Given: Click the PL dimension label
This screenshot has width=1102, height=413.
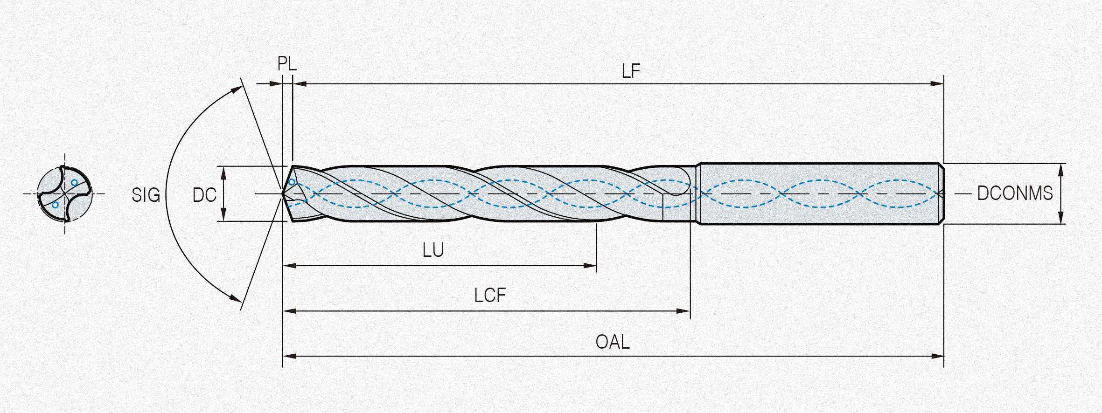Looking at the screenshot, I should coord(287,64).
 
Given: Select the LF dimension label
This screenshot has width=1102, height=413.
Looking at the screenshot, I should coord(631,71).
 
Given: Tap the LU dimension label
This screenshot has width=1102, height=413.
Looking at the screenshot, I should coord(433,251).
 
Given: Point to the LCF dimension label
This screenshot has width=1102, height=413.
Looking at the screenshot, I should coord(490,296).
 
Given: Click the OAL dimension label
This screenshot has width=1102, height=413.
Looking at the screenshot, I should coord(613,342).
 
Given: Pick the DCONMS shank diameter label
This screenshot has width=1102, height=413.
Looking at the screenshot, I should coord(1015,193).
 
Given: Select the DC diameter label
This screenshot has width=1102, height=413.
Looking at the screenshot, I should coord(204,195).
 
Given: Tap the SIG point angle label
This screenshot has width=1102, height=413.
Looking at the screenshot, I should coord(146,195).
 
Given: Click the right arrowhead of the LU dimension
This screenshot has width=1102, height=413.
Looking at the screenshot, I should coord(591,266).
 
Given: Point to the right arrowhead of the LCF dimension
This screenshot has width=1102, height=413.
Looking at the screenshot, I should coord(684,311).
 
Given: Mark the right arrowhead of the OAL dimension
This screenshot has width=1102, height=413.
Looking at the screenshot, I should coord(938,357).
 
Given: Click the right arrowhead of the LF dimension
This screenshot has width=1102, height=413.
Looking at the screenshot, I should coord(938,84).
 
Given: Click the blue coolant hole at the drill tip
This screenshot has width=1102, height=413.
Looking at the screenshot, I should coord(292,182).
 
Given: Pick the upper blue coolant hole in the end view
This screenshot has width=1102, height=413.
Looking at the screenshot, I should coord(74,182).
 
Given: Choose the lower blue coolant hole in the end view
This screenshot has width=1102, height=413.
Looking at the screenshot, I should coord(55,205).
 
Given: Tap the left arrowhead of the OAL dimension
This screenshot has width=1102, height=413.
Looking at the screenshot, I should coord(289,357).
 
